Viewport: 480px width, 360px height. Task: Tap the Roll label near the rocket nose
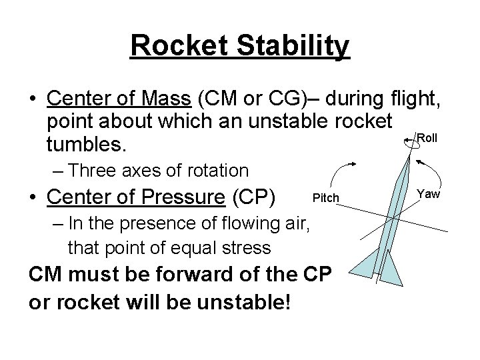(427, 138)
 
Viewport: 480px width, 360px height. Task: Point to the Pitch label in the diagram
(326, 198)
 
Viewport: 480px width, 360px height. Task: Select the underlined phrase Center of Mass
(118, 101)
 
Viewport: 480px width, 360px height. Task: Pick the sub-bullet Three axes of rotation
(157, 171)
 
